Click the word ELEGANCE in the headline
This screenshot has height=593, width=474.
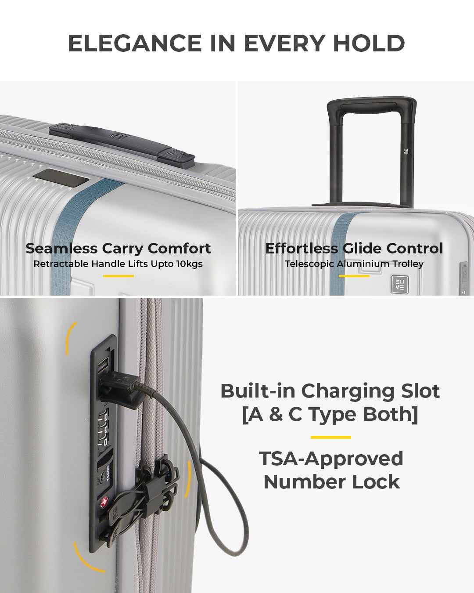pyautogui.click(x=135, y=43)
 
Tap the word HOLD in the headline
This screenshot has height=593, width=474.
pyautogui.click(x=369, y=43)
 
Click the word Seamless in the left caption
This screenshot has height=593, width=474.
pyautogui.click(x=62, y=248)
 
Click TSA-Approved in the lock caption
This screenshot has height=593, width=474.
pyautogui.click(x=331, y=459)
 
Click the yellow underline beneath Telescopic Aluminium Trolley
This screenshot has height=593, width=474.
pyautogui.click(x=354, y=276)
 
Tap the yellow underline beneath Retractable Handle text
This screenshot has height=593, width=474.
pyautogui.click(x=118, y=276)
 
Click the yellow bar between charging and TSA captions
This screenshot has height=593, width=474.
pyautogui.click(x=331, y=437)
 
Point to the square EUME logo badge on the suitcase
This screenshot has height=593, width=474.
pyautogui.click(x=400, y=284)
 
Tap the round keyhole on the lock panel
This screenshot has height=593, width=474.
pyautogui.click(x=102, y=475)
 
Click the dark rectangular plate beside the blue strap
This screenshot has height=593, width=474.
pyautogui.click(x=61, y=178)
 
